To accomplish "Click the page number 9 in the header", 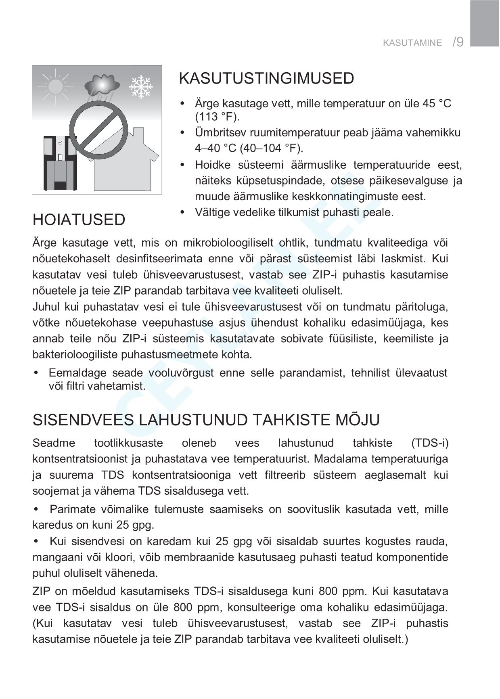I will pyautogui.click(x=460, y=42).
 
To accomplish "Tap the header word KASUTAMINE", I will pyautogui.click(x=412, y=43).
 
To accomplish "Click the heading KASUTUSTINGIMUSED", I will pyautogui.click(x=266, y=78).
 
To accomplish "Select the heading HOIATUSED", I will pyautogui.click(x=79, y=220).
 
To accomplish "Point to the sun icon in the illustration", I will pyautogui.click(x=54, y=86).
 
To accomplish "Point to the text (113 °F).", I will pyautogui.click(x=217, y=117).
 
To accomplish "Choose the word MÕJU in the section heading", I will pyautogui.click(x=358, y=420).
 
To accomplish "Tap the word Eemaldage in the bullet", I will pyautogui.click(x=77, y=373).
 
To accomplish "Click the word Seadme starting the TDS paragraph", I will pyautogui.click(x=54, y=443).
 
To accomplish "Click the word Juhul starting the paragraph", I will pyautogui.click(x=45, y=307).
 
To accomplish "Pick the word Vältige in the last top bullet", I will pyautogui.click(x=213, y=212).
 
